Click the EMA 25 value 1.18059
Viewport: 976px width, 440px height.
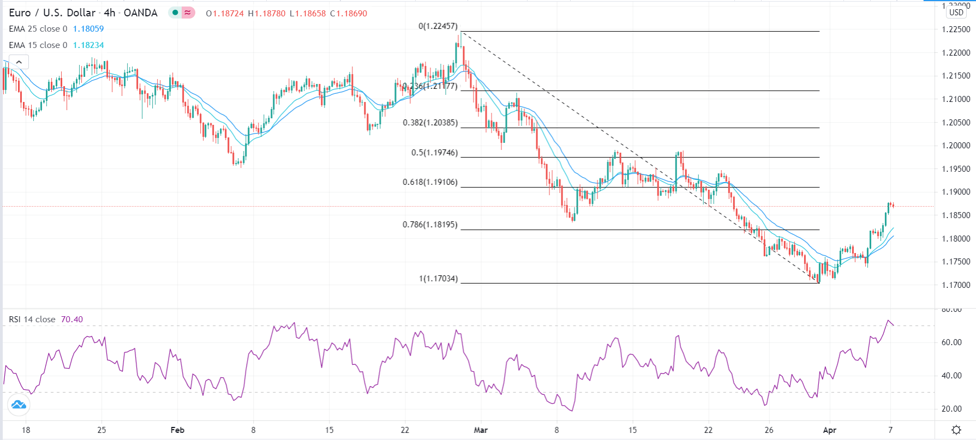[x=88, y=29]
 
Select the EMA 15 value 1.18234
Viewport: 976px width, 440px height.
[x=88, y=45]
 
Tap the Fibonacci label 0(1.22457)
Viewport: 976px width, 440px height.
[x=438, y=26]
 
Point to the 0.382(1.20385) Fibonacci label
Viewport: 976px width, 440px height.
[x=430, y=123]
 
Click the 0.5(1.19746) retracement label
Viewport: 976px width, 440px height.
[x=434, y=153]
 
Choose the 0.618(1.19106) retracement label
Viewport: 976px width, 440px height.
[x=430, y=182]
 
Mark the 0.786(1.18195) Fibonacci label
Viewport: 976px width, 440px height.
[x=430, y=225]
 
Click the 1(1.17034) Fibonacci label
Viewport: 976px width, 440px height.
[x=438, y=279]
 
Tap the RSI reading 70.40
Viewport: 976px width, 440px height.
[x=72, y=320]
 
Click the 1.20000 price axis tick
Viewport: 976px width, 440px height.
[x=956, y=146]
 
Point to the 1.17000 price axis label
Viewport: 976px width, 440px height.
[x=956, y=285]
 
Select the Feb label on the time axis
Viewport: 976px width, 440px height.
[x=177, y=430]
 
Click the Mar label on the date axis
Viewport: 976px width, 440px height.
[x=481, y=430]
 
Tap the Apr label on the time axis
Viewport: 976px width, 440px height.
[x=829, y=430]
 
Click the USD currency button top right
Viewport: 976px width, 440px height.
[x=956, y=13]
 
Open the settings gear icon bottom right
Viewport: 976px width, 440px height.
[x=956, y=430]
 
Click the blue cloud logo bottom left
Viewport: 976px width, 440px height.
[x=18, y=405]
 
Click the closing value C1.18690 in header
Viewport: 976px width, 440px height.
[x=349, y=13]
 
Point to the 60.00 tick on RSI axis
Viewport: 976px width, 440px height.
[x=951, y=342]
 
